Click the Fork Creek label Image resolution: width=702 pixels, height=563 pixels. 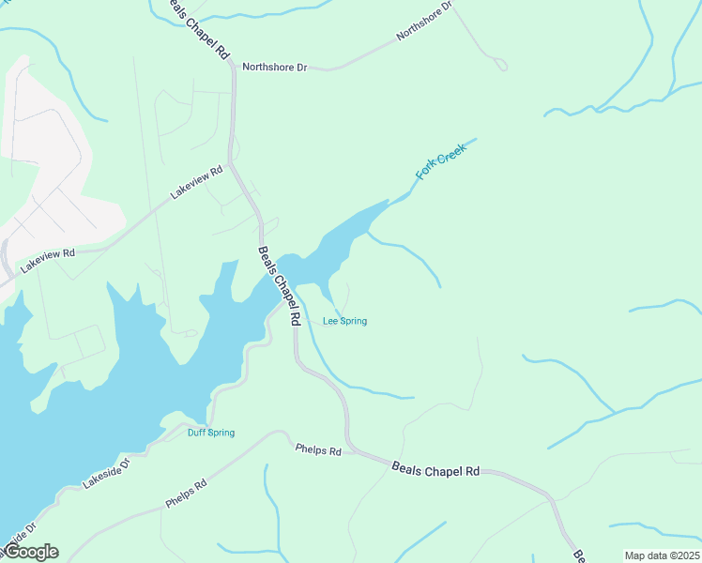[x=441, y=161]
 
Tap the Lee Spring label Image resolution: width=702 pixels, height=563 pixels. [x=344, y=321]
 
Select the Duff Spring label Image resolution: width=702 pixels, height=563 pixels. [x=211, y=433]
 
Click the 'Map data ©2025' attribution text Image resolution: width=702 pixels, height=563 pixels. [x=662, y=555]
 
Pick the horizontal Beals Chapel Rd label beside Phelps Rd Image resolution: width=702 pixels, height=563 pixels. [x=435, y=468]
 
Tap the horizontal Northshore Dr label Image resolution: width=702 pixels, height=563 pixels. [x=274, y=68]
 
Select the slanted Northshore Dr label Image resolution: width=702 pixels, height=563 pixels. [x=424, y=21]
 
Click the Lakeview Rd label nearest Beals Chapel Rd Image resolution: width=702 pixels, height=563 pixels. [x=196, y=182]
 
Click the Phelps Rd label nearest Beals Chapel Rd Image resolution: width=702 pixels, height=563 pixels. [x=318, y=450]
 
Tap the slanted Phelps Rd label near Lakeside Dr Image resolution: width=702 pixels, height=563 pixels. [x=186, y=495]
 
